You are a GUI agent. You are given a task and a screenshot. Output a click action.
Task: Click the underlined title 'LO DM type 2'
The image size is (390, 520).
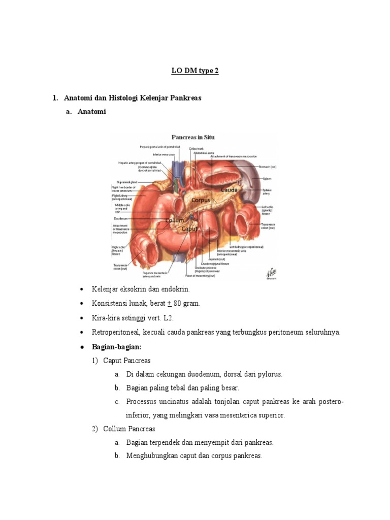coord(194,71)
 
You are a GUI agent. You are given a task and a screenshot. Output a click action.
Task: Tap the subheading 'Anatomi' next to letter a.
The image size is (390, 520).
coord(91,112)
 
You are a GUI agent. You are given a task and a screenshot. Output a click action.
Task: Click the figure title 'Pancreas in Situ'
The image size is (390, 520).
coord(193,137)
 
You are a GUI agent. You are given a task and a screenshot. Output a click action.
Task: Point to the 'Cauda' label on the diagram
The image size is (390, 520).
coord(229,189)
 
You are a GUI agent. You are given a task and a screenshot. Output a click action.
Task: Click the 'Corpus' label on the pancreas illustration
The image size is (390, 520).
coord(201,200)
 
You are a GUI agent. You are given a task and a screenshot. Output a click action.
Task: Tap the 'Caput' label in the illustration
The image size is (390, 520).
coord(189,229)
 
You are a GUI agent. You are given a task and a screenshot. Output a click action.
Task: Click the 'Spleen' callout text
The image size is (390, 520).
coord(267,179)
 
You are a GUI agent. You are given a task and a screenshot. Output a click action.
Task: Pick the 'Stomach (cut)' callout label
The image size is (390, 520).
coord(267,167)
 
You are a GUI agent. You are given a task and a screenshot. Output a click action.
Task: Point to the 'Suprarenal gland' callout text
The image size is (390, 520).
coord(126,181)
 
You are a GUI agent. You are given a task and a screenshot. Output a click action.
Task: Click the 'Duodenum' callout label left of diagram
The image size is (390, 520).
coord(121,216)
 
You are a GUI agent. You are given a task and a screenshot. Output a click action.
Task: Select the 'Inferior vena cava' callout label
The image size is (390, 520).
coord(164,154)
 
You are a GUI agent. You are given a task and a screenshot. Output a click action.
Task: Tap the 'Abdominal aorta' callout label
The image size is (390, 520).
coord(201,152)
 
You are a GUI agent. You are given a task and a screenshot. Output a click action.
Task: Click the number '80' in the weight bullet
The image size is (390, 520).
coord(177,304)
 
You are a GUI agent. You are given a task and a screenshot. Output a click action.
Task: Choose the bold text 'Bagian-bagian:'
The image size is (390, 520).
coord(112,346)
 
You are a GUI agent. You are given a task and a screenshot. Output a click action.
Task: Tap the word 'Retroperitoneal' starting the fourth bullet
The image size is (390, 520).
coord(115,332)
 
